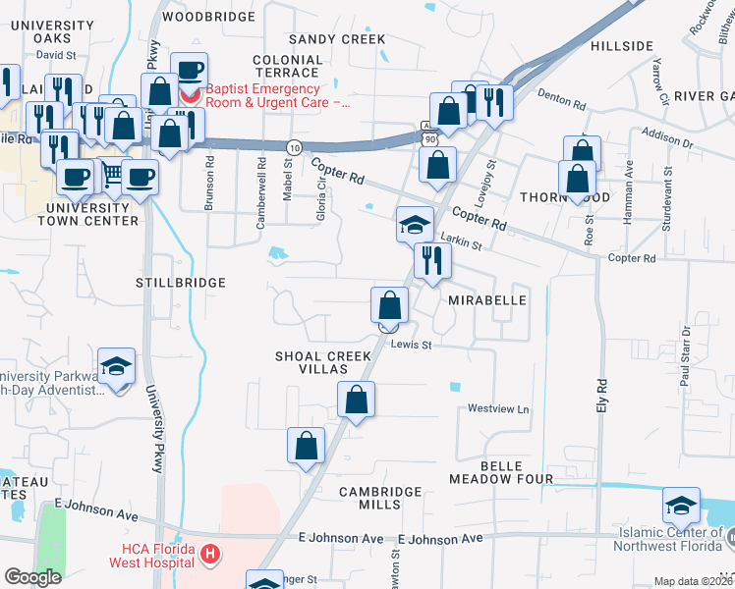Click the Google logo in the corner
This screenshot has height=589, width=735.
tap(32, 577)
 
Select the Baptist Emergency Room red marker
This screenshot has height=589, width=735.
tap(190, 95)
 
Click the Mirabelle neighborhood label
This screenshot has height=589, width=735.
tap(487, 300)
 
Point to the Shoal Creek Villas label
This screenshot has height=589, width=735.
tap(324, 361)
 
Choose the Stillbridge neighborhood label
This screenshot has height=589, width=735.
tap(181, 283)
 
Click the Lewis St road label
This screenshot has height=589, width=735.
tap(413, 345)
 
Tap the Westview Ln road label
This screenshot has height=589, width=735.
tap(498, 408)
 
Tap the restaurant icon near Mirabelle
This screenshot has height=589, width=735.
tap(432, 261)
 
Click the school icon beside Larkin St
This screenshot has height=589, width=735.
tap(415, 225)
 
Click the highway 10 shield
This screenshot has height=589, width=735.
tap(294, 146)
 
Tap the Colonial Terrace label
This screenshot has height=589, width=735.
tap(286, 66)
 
